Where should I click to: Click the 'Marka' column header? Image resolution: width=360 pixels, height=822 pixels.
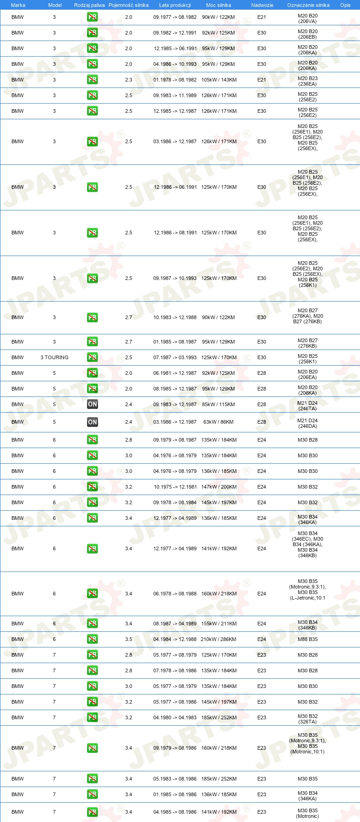[18, 5]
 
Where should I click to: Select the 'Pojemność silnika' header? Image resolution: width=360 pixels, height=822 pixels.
[128, 5]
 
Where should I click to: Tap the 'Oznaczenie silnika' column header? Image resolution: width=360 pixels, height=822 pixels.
[308, 5]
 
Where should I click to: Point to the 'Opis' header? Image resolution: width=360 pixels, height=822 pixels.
[345, 5]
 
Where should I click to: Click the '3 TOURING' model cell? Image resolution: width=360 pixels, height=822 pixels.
[54, 357]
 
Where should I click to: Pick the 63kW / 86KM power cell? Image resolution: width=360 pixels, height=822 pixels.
[219, 422]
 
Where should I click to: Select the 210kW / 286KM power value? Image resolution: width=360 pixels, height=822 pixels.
[219, 639]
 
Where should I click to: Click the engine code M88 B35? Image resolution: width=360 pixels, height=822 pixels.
[308, 639]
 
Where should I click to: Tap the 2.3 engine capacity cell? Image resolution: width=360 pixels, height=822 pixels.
[128, 80]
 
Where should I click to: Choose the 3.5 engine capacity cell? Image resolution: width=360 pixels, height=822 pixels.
[128, 639]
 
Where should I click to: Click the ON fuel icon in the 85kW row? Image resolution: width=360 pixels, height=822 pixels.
[93, 404]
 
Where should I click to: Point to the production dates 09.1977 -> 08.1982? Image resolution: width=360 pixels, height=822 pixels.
[175, 17]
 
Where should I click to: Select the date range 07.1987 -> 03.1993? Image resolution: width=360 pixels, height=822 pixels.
[175, 357]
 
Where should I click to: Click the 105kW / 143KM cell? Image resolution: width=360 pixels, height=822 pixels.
[219, 80]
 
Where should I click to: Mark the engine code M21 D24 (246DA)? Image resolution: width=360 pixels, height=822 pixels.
[308, 423]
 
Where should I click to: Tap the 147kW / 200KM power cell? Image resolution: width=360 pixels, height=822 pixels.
[219, 487]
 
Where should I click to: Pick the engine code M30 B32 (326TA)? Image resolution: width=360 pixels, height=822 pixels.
[308, 719]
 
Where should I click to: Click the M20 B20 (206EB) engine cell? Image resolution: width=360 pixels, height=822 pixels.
[308, 34]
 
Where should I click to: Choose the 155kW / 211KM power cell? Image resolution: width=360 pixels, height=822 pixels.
[219, 624]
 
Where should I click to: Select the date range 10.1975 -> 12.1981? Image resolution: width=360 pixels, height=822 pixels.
[175, 487]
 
